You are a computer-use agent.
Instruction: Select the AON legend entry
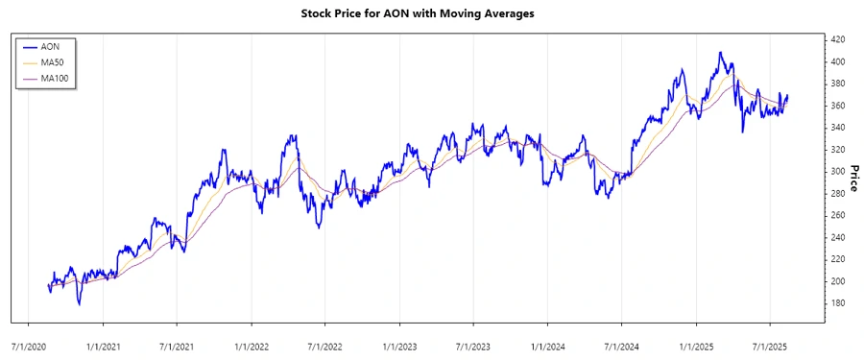[x=53, y=45]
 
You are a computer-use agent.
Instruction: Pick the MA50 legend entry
[x=55, y=61]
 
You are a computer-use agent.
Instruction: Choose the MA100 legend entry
[x=57, y=78]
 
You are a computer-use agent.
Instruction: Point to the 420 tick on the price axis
[x=837, y=39]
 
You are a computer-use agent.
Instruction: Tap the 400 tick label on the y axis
[x=837, y=61]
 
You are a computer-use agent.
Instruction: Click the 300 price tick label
[x=837, y=171]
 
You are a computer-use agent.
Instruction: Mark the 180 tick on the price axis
[x=837, y=303]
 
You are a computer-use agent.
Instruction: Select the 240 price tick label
[x=837, y=237]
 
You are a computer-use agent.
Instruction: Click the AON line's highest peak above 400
[x=720, y=53]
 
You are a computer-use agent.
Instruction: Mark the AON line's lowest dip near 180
[x=80, y=304]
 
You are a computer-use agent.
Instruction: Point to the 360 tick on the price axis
[x=837, y=106]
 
